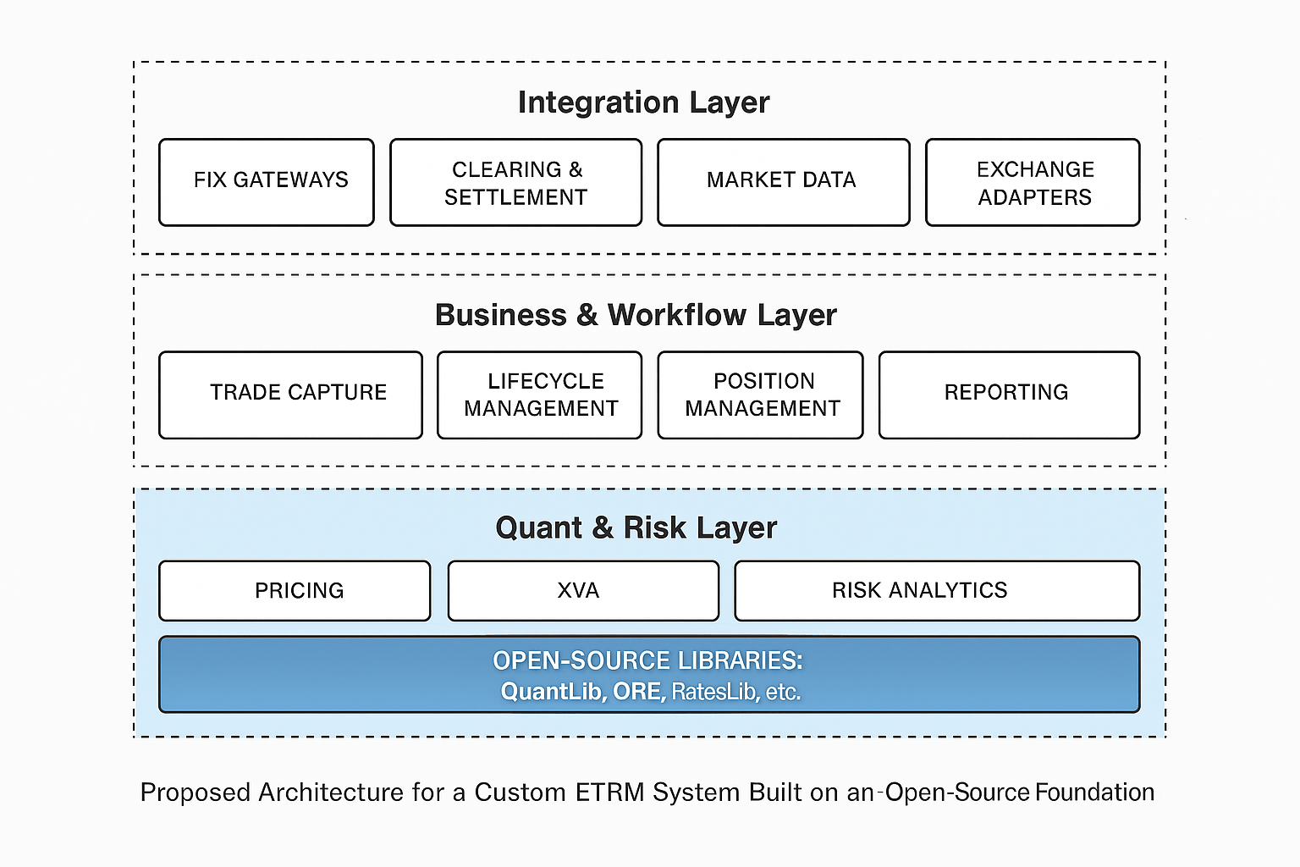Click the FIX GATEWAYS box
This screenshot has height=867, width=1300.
pos(267,182)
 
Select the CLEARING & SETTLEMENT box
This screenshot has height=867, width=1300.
pos(515,182)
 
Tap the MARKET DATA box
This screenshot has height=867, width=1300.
pos(783,182)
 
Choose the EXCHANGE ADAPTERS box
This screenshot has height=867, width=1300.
pos(1033,182)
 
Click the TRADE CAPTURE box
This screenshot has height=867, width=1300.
pos(290,395)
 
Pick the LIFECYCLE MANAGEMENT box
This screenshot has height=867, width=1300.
pos(539,395)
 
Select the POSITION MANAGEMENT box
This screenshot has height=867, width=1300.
pos(760,395)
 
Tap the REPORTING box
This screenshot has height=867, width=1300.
pos(1009,395)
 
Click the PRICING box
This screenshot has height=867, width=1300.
pos(295,590)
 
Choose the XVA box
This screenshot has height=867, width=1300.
pos(583,590)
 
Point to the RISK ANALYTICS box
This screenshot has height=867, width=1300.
pos(937,590)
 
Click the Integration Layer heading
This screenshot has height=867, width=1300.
pos(643,102)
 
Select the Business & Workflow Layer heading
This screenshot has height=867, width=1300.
pos(636,315)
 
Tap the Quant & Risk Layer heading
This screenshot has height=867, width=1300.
pos(636,527)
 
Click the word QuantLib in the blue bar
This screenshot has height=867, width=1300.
pos(552,692)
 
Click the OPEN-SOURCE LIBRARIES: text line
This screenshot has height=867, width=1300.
pos(647,660)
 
